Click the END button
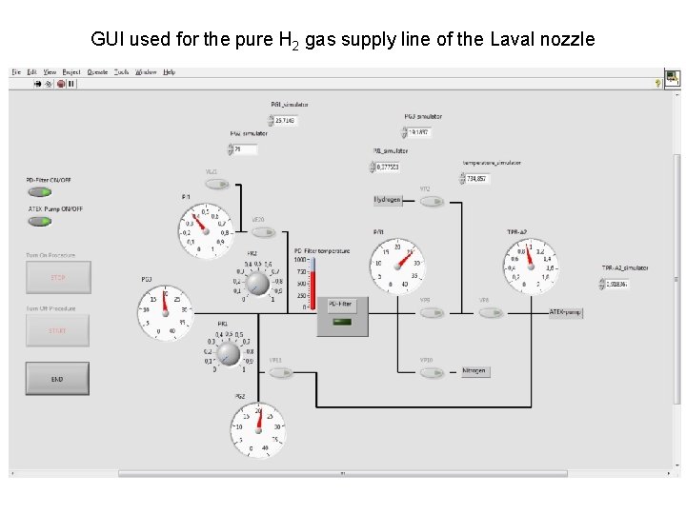click(x=57, y=379)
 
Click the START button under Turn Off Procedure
click(x=57, y=330)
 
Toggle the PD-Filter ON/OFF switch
click(x=39, y=191)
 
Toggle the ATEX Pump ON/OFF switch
click(x=39, y=221)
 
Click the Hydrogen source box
click(x=388, y=200)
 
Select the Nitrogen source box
click(x=474, y=371)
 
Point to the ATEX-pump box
click(x=565, y=312)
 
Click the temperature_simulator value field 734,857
click(x=476, y=178)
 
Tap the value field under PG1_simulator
click(x=285, y=121)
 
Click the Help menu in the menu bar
click(x=169, y=72)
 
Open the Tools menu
click(x=121, y=72)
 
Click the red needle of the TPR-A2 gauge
click(x=530, y=254)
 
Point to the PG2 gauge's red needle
click(x=258, y=417)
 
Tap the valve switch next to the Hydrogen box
click(x=432, y=201)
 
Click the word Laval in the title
click(x=506, y=39)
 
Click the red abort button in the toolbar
click(x=60, y=84)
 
